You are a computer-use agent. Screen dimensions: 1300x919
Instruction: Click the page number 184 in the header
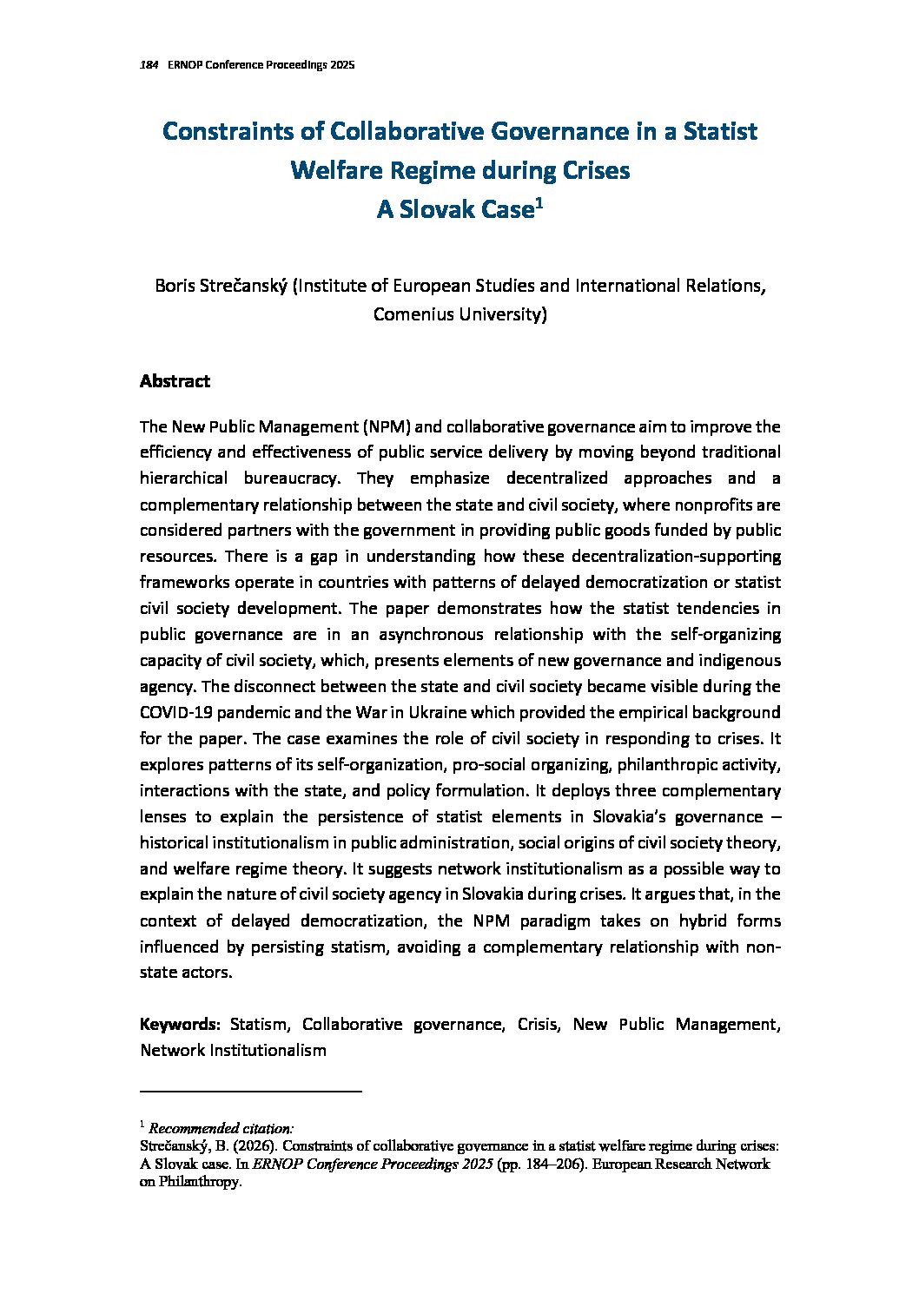[x=148, y=66]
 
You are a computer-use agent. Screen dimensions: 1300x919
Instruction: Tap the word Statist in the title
[x=720, y=131]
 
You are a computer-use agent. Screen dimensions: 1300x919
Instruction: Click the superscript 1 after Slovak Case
[x=539, y=204]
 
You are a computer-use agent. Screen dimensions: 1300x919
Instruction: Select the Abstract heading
[x=175, y=381]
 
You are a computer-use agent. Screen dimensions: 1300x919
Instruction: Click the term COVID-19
[x=176, y=712]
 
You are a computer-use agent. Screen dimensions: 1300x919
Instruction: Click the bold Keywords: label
[x=181, y=1025]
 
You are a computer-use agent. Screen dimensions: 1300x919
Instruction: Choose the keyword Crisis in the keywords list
[x=538, y=1025]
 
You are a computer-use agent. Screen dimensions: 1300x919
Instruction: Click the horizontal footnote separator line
[x=250, y=1091]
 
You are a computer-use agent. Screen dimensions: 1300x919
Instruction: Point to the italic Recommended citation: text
[x=221, y=1129]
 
